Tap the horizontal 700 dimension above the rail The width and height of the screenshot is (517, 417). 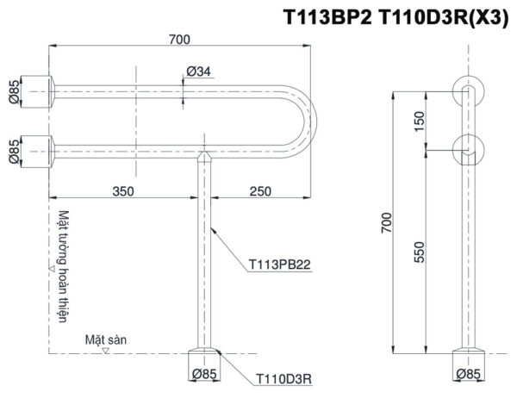[x=180, y=38]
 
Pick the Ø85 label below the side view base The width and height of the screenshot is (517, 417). [x=469, y=375]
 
